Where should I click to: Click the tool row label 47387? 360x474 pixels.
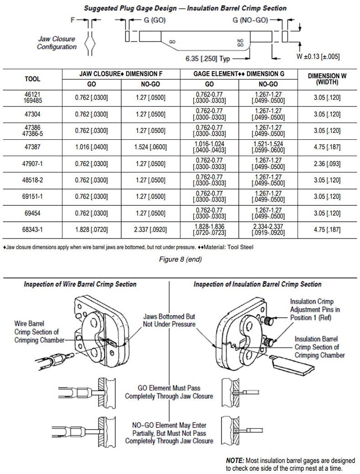tap(32, 147)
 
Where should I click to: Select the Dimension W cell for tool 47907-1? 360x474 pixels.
tap(327, 164)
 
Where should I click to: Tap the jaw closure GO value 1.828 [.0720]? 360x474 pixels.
tap(91, 230)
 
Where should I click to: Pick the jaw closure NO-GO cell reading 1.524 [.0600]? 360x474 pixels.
tap(150, 147)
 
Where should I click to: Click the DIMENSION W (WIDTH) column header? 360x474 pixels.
tap(327, 79)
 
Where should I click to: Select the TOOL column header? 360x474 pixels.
tap(32, 79)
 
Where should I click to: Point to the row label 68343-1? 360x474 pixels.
tap(32, 230)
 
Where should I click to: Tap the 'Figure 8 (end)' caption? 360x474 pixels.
tap(180, 260)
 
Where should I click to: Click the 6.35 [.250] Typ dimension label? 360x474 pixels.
tap(207, 59)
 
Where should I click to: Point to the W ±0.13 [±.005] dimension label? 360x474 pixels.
tap(318, 56)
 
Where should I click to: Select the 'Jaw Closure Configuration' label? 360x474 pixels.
tap(57, 43)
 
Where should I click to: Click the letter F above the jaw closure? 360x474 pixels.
tap(72, 20)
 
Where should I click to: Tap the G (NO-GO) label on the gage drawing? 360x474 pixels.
tap(250, 20)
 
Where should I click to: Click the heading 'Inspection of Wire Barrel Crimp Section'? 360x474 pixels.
tap(80, 284)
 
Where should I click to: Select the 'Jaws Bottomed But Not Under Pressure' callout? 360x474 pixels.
tap(169, 321)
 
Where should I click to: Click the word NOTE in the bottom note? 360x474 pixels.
tap(235, 461)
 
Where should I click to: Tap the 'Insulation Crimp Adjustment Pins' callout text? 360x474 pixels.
tap(314, 310)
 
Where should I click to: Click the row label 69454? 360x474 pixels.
tap(32, 214)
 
